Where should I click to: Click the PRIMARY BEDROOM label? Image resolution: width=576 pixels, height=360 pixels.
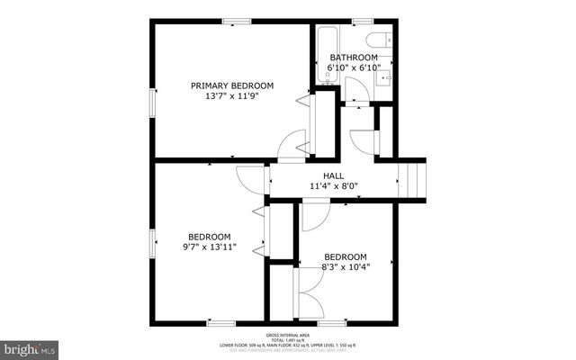tap(231, 85)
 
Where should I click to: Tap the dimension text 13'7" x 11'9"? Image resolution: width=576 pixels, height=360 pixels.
tap(231, 97)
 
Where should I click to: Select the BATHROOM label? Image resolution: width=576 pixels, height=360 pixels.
tap(353, 58)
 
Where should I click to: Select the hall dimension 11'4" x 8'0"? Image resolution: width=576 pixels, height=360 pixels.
tap(334, 187)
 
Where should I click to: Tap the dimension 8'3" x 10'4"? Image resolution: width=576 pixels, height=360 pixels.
tap(346, 266)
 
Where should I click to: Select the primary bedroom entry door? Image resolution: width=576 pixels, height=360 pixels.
tap(293, 143)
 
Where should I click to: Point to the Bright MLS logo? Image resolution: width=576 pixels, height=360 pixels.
tap(29, 347)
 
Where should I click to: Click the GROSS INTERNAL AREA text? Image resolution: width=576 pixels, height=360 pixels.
tap(288, 333)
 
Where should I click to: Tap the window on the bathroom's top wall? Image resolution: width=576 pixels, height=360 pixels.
tap(364, 21)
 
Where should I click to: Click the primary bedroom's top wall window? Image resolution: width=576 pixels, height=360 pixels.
tap(237, 21)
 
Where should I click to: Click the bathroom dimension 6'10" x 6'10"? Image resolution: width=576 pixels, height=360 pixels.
tap(353, 68)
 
